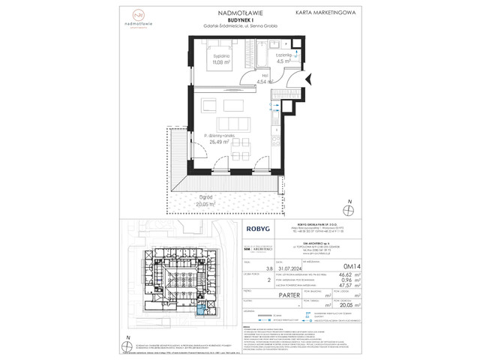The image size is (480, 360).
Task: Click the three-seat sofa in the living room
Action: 232,123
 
